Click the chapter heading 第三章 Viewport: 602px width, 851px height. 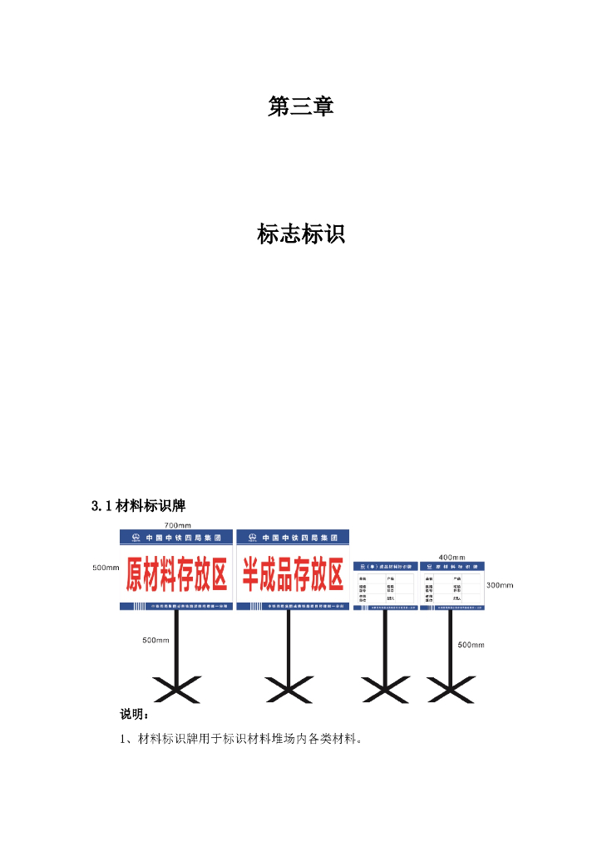300,106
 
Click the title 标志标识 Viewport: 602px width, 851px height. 300,235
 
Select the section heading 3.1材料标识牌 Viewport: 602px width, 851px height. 144,505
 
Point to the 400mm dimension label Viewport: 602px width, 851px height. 451,557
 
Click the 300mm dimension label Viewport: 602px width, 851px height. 500,585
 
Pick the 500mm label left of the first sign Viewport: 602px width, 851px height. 106,568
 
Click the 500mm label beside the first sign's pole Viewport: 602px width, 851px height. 155,640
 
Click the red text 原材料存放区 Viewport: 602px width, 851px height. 176,574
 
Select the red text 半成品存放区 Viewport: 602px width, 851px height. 293,574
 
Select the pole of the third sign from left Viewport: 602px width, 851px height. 385,644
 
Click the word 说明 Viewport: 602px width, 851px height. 133,714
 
